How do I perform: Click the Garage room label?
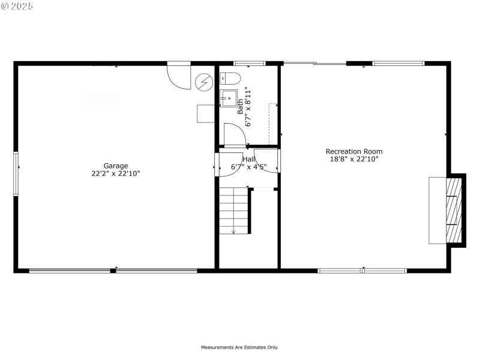point(116,166)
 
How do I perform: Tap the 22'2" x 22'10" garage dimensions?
point(116,173)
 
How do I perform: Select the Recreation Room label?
point(354,151)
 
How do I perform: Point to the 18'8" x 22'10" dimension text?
point(354,159)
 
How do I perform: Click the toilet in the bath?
point(230,78)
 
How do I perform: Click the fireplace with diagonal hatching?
point(454,210)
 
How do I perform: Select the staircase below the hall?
point(233,210)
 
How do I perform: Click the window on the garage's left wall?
point(16,173)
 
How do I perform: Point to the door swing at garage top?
point(178,76)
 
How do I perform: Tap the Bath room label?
point(241,106)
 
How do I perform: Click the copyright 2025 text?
point(17,6)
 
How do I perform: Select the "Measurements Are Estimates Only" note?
point(239,347)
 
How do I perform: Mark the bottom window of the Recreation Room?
point(362,271)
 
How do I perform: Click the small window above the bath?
point(249,63)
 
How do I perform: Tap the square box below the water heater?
point(205,113)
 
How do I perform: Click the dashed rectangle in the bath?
point(272,123)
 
